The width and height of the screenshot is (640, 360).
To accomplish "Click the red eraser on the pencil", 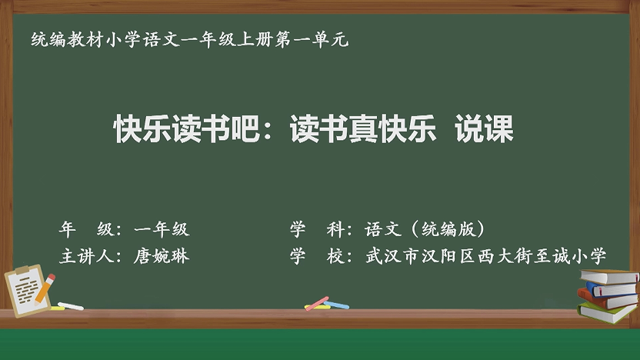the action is [51, 278].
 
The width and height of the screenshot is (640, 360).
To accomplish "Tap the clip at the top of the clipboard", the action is [22, 270].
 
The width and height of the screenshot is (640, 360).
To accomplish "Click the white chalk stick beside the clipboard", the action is [71, 306].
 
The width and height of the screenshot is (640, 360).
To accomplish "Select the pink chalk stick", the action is [317, 303].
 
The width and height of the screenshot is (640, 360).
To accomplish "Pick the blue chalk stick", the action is [336, 305].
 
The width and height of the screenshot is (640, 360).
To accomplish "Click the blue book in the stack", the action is [611, 289].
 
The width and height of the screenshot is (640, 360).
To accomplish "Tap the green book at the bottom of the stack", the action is [607, 312].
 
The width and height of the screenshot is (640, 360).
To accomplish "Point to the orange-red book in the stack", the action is [607, 299].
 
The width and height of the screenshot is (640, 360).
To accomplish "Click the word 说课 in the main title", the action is [484, 128].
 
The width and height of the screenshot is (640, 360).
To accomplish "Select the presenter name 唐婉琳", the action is [162, 256].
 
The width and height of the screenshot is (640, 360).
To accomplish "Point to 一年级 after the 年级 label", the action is [162, 229].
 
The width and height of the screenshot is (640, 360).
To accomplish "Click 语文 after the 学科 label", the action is [383, 229].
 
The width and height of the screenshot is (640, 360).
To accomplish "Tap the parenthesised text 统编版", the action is [449, 229].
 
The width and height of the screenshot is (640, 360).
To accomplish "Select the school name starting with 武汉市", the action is [485, 256].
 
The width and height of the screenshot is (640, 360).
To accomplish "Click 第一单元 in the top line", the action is [312, 39].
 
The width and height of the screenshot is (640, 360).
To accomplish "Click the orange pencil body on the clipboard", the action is [43, 290].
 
